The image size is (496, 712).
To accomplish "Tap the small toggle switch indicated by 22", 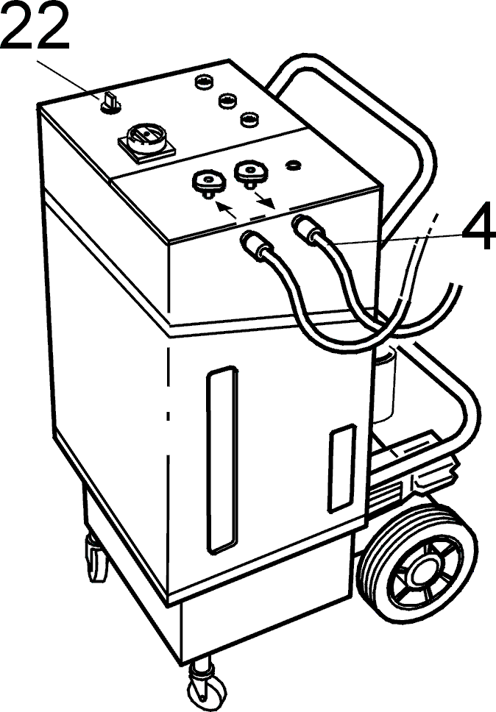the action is coord(110,104).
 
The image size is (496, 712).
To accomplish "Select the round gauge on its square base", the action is coord(146,140).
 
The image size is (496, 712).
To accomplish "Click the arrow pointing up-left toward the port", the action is coord(225,210).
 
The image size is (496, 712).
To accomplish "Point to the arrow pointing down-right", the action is coord(264,199).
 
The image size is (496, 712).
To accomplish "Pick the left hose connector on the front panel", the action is coord(255,244).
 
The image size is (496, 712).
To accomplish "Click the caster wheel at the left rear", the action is coord(96,558).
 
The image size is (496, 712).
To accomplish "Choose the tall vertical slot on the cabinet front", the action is coord(222,460).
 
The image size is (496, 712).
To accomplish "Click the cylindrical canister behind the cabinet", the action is coord(384,382).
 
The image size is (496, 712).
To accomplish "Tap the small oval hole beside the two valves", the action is coord(294,165).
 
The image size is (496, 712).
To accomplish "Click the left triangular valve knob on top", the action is coord(208,183).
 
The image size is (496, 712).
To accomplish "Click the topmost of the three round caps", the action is coord(203,82).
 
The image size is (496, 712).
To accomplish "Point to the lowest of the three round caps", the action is coord(249,120).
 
